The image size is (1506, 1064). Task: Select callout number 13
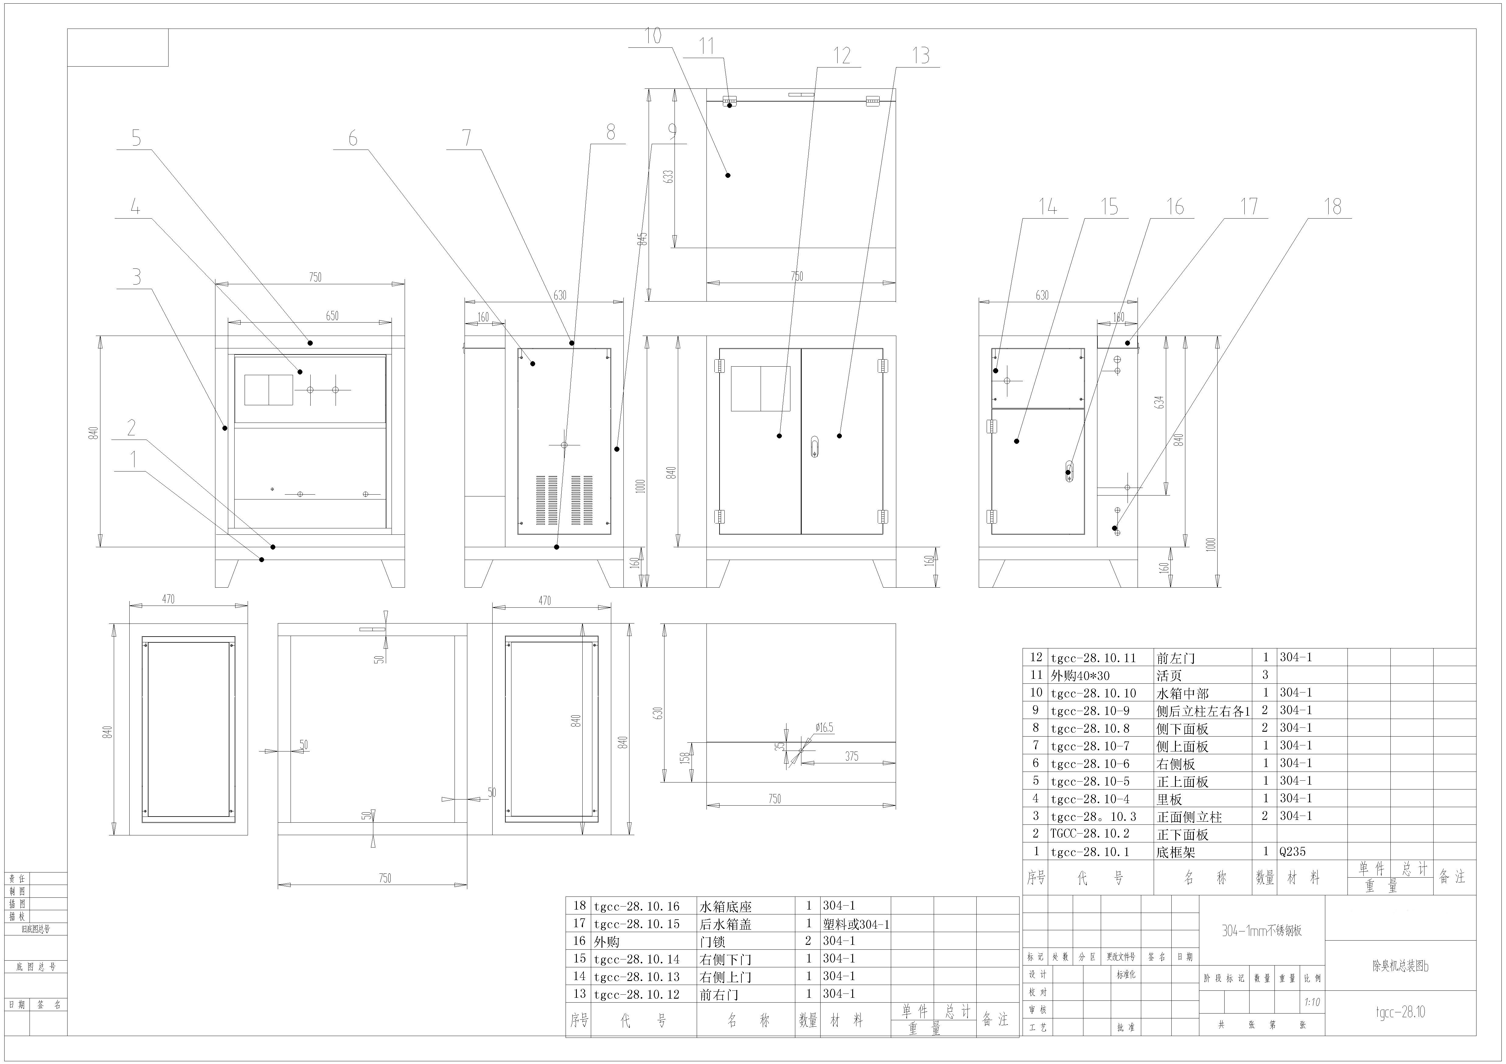[921, 56]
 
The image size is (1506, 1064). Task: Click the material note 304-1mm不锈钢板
[1261, 930]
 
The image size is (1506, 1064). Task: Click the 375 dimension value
[851, 757]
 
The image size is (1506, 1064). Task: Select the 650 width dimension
[333, 316]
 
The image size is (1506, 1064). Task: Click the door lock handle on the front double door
[815, 446]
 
